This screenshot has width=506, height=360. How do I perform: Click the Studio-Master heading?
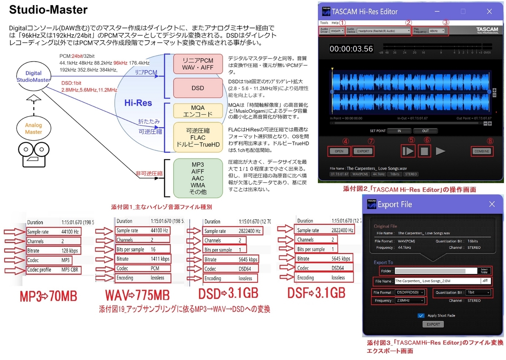tap(48, 10)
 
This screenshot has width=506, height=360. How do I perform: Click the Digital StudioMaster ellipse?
tap(33, 76)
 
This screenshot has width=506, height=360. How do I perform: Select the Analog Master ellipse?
tap(33, 129)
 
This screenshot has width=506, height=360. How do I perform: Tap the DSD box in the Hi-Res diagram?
tap(198, 88)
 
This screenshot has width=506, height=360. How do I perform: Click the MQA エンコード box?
tap(198, 111)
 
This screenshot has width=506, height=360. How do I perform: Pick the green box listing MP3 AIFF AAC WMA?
tap(198, 178)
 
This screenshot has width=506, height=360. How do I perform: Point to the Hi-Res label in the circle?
tap(138, 103)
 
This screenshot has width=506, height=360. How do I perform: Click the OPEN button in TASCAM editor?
tap(338, 151)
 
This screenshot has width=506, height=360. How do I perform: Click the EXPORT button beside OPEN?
tap(363, 151)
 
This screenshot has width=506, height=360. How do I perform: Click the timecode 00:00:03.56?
tap(351, 49)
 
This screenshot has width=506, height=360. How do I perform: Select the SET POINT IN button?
tap(399, 131)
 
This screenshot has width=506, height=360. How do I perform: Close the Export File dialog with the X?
tap(492, 204)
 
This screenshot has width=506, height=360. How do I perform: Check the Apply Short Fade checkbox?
tap(420, 315)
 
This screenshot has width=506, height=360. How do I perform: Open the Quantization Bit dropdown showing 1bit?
tap(478, 292)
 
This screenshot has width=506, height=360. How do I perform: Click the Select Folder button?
tap(484, 271)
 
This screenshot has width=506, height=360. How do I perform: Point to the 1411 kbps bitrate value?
tap(160, 259)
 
